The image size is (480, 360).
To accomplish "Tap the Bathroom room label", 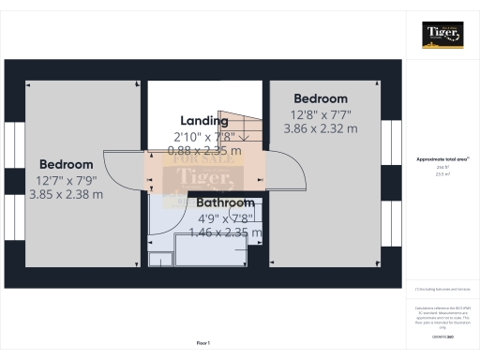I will (225, 202).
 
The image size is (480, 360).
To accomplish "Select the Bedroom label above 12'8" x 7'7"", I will (321, 98).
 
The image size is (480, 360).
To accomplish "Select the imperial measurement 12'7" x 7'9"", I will (67, 180).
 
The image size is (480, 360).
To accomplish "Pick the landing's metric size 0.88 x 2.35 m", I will (203, 150).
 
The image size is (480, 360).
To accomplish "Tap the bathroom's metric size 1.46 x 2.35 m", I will (225, 232).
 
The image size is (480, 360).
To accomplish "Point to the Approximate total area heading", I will (442, 159).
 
